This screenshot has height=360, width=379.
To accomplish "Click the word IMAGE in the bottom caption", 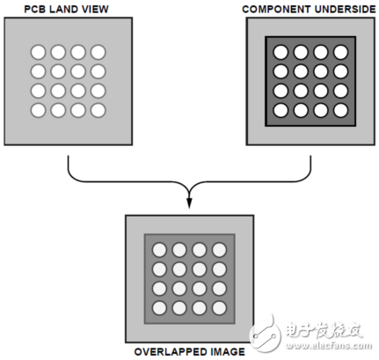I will (x=225, y=352).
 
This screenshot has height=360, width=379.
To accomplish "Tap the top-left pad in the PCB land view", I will (x=39, y=52).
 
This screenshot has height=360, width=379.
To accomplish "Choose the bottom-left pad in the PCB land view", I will (x=39, y=110).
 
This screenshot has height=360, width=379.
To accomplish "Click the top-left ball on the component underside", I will (x=281, y=52).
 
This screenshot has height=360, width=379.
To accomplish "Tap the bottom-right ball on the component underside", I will (x=341, y=110).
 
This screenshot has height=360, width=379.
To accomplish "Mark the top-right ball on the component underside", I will (x=341, y=52).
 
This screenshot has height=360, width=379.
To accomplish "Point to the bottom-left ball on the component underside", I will (x=281, y=110).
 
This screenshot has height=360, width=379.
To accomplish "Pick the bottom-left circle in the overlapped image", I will (x=160, y=307).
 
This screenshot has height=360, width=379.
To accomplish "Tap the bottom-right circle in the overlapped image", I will (x=218, y=307).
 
